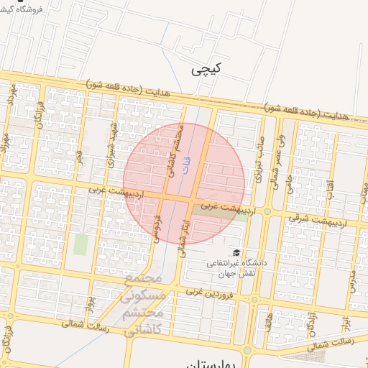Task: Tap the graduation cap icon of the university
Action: tap(236, 252)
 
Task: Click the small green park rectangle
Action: tap(80, 244)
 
